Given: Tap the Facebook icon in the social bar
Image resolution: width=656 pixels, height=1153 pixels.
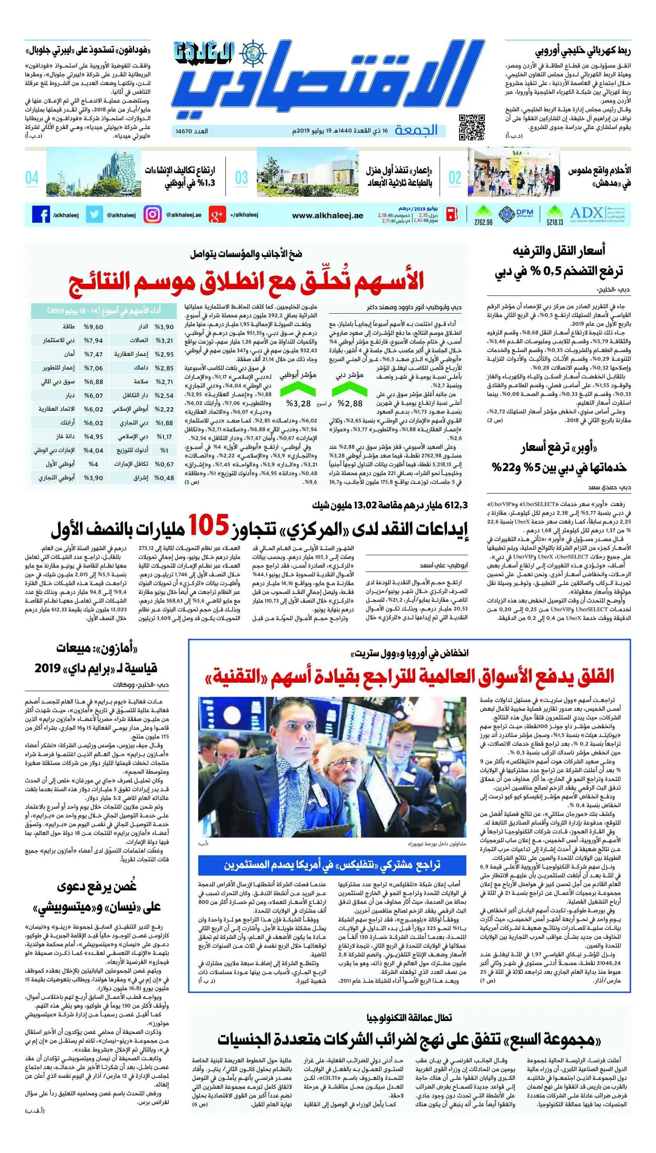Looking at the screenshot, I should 41,215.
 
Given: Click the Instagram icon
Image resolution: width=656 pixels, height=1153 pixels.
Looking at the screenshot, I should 152,215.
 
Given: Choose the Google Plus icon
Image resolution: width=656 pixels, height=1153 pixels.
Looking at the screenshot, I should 217,215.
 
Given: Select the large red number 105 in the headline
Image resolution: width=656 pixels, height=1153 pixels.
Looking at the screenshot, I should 209,525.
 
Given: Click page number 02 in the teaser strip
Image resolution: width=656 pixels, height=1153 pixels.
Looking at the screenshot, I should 455,177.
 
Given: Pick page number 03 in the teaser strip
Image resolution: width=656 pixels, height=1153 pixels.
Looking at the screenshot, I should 241,177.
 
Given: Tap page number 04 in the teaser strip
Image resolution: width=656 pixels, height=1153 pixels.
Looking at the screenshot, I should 32,177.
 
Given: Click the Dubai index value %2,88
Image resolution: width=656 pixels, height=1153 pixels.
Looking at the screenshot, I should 350,403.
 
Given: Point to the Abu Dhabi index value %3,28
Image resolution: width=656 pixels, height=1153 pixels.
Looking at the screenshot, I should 299,403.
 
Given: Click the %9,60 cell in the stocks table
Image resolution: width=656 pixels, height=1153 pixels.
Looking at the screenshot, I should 93,327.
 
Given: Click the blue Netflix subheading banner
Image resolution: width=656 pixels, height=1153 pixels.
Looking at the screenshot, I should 332,864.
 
